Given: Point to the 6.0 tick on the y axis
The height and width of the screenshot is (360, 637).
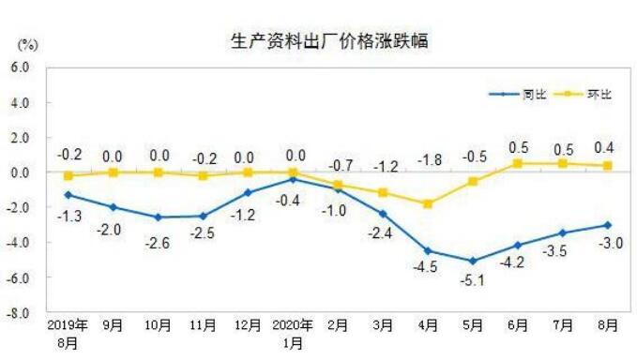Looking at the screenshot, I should point(21,67).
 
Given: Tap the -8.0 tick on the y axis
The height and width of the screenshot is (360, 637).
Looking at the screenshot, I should point(20,312).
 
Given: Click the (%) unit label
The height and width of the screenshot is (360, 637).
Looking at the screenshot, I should point(27,44).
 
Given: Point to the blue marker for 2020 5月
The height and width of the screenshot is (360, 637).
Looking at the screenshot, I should point(473,261).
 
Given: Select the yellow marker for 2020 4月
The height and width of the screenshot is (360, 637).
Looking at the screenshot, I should point(428,203).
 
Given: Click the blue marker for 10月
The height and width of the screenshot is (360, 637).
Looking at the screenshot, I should point(158,217).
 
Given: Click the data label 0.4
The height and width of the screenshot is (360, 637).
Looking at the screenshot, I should point(606,147).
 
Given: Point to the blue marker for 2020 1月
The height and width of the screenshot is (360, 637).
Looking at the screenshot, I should point(294,179).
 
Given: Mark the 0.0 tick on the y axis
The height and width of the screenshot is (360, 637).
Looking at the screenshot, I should point(21,172).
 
